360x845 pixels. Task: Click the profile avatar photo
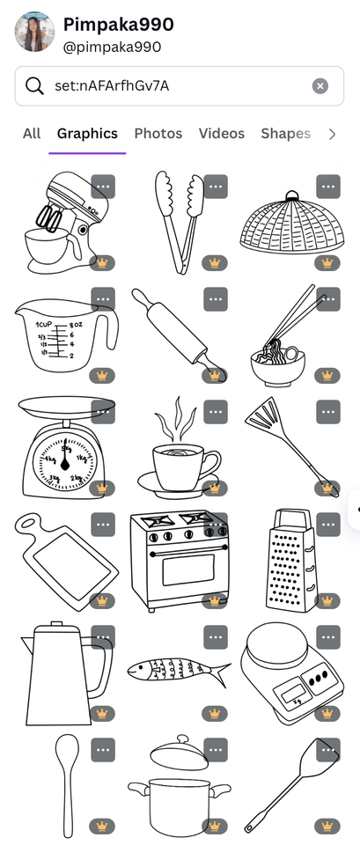tap(34, 32)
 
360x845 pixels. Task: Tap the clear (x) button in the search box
tap(320, 85)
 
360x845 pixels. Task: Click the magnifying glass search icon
tap(34, 85)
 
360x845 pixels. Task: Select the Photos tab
tap(158, 134)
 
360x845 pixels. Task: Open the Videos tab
tap(222, 134)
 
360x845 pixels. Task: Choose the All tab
tap(32, 134)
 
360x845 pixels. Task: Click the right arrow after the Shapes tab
tap(332, 134)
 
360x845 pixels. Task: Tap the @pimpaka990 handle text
tap(112, 47)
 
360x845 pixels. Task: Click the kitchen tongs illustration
tap(180, 221)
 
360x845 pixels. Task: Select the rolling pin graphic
tap(179, 334)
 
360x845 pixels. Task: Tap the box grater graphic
tap(290, 560)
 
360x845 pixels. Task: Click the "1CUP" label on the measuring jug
tap(44, 325)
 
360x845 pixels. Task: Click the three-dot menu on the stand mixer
tap(103, 187)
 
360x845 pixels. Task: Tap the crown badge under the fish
tap(215, 714)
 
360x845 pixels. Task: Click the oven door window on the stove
tap(188, 569)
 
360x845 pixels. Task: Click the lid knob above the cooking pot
tap(183, 738)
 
